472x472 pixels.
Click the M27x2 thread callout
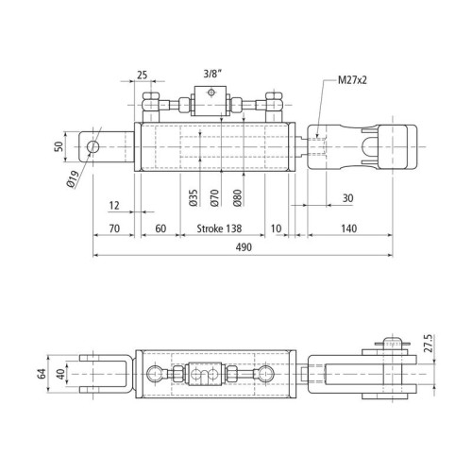[352, 80]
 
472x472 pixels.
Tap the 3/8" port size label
[212, 74]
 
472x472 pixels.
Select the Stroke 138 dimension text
[219, 228]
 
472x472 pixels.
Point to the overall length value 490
[244, 247]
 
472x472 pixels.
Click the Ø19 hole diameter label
[73, 179]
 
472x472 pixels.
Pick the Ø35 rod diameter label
[194, 197]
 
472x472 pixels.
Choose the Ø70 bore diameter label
[214, 197]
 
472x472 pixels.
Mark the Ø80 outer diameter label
[238, 197]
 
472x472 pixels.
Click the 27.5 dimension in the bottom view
[430, 344]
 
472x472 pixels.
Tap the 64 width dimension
[42, 374]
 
